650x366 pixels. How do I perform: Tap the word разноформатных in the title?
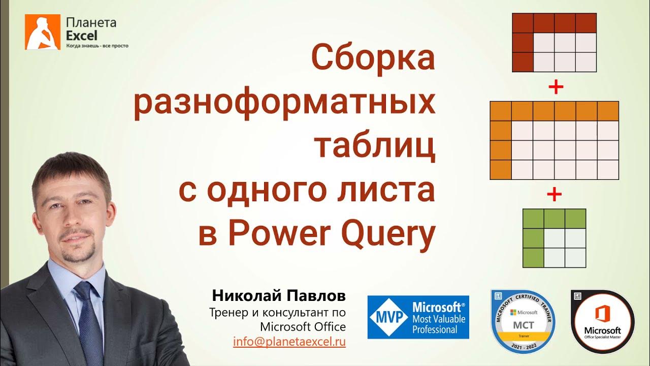point(284,103)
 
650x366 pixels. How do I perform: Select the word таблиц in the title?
point(375,146)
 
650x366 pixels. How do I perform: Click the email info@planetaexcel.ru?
point(289,342)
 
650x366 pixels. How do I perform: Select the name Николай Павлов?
point(279,296)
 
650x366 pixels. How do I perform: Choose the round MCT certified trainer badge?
point(523,321)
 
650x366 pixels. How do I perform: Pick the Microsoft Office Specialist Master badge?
point(603,322)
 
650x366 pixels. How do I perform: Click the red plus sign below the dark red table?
point(556,87)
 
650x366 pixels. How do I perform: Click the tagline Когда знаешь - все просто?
point(97,46)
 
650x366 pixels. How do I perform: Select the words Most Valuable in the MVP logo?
point(438,319)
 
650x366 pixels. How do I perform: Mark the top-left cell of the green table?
point(533,219)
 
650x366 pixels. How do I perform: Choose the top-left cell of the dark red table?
point(523,23)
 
